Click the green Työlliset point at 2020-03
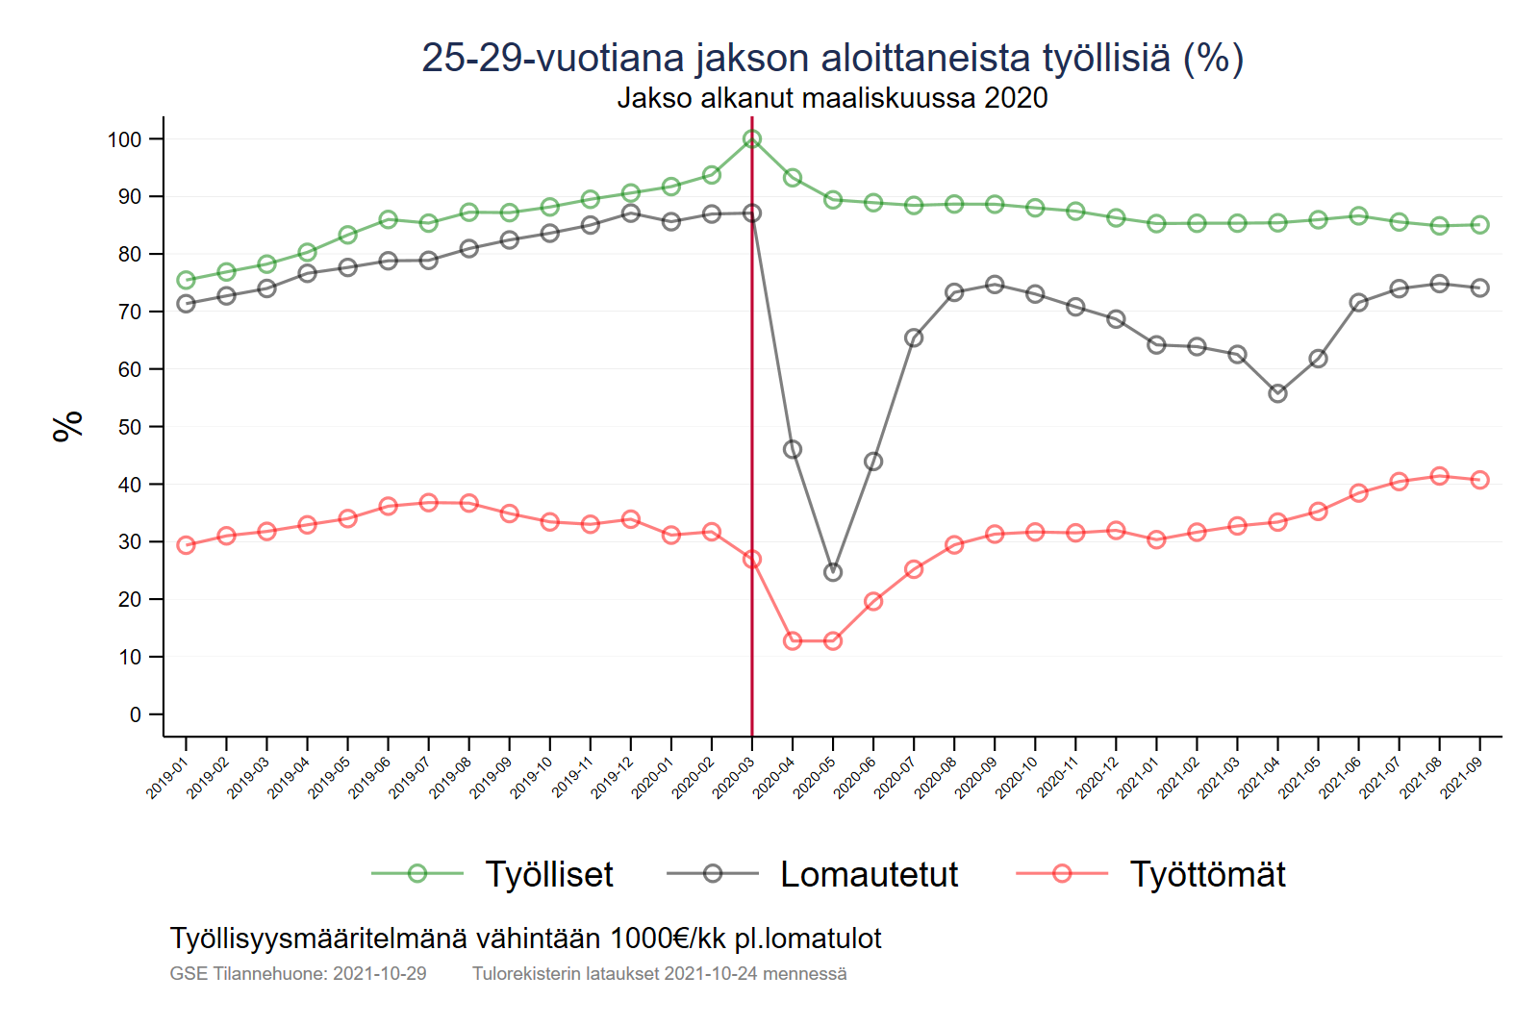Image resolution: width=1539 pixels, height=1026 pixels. tap(752, 139)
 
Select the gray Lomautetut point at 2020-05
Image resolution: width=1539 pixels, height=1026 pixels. tap(833, 572)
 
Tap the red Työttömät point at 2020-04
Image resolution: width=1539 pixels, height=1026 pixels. tap(793, 641)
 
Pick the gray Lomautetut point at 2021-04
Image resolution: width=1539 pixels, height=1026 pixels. tap(1277, 393)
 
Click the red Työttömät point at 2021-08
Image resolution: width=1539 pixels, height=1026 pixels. tap(1439, 476)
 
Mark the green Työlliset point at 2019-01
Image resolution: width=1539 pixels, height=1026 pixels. tap(187, 281)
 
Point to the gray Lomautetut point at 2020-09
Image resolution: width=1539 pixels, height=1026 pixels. tap(995, 285)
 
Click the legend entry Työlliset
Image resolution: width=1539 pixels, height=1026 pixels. tap(548, 874)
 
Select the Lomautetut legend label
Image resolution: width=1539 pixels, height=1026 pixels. tap(869, 874)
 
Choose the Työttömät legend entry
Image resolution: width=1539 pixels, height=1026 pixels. tap(1207, 874)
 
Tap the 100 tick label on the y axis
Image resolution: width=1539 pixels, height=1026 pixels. tap(124, 139)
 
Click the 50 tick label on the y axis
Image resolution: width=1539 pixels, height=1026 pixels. tap(130, 427)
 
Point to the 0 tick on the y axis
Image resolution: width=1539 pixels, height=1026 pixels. tap(136, 714)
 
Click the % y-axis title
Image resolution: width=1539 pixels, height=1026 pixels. tap(68, 426)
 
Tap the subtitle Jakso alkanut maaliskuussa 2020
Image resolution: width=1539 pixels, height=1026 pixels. tap(832, 98)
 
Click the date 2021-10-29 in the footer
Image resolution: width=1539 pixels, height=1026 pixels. tap(379, 973)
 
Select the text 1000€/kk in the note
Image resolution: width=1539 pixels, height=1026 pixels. tap(668, 938)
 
